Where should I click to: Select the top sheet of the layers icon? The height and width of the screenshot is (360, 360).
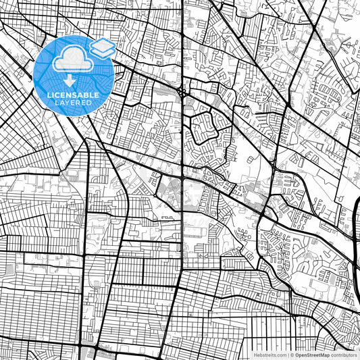tap(103, 45)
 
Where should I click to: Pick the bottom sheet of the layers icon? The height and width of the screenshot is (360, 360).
tap(103, 53)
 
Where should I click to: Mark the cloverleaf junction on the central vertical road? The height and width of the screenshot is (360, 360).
tap(182, 92)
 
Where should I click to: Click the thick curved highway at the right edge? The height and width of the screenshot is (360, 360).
tap(356, 216)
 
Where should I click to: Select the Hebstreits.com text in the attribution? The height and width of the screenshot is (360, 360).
tap(270, 354)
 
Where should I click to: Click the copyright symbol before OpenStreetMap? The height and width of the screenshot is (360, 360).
tap(292, 354)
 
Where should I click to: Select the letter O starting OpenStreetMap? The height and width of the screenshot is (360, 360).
tap(297, 354)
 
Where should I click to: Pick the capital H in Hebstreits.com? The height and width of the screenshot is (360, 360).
tap(255, 354)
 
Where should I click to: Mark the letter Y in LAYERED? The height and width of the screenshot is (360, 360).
tap(70, 104)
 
